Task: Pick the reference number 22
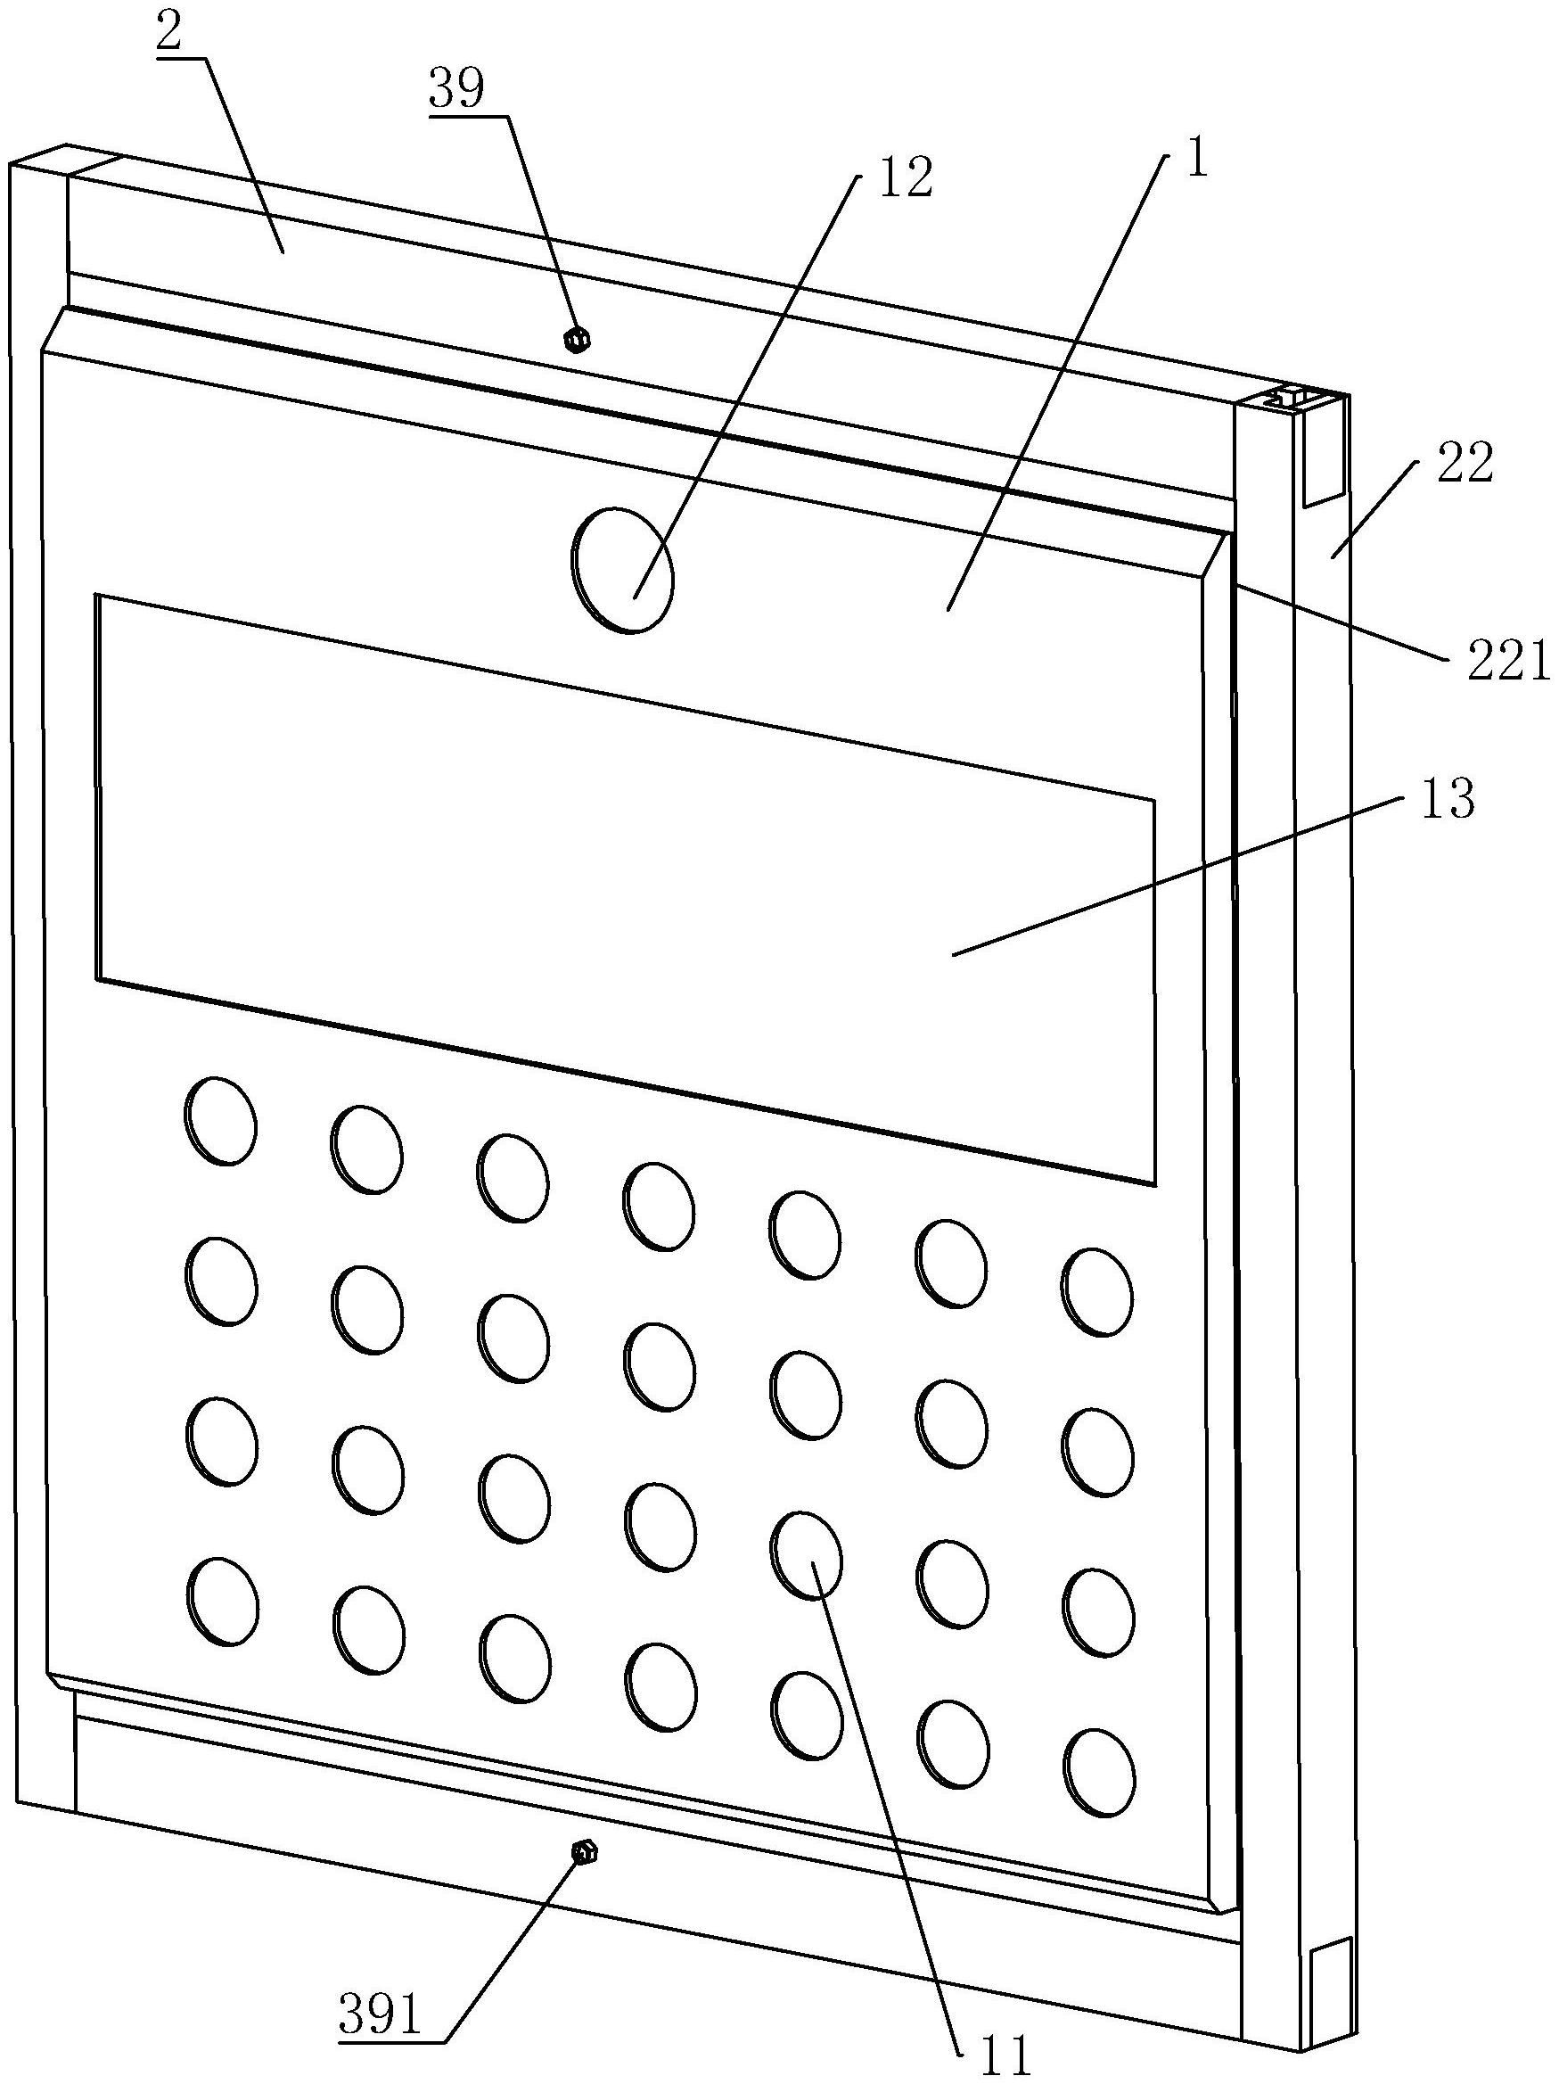click(x=1465, y=464)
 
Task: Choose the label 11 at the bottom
click(x=1005, y=2061)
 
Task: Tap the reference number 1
click(x=1195, y=161)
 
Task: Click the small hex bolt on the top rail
click(x=576, y=339)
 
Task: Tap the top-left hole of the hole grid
click(x=220, y=1120)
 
